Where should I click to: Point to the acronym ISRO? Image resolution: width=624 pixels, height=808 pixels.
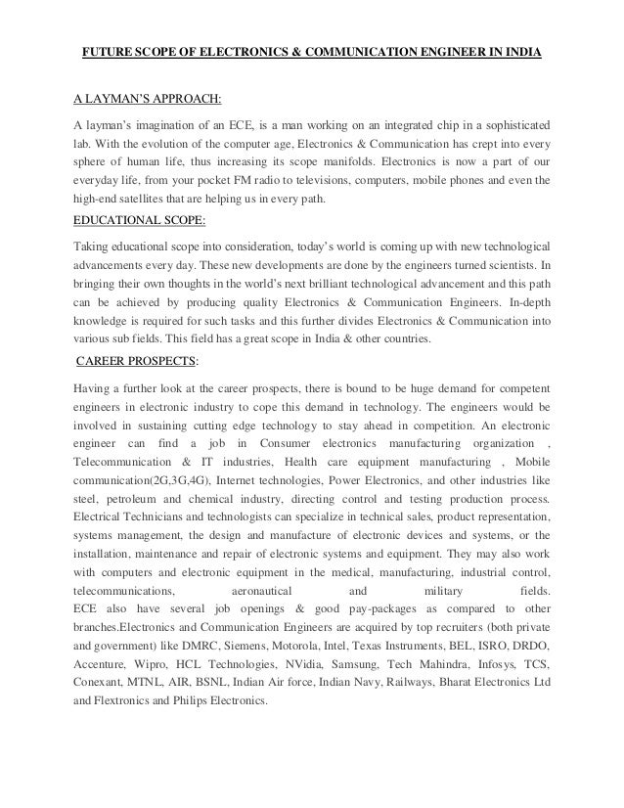click(x=489, y=647)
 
